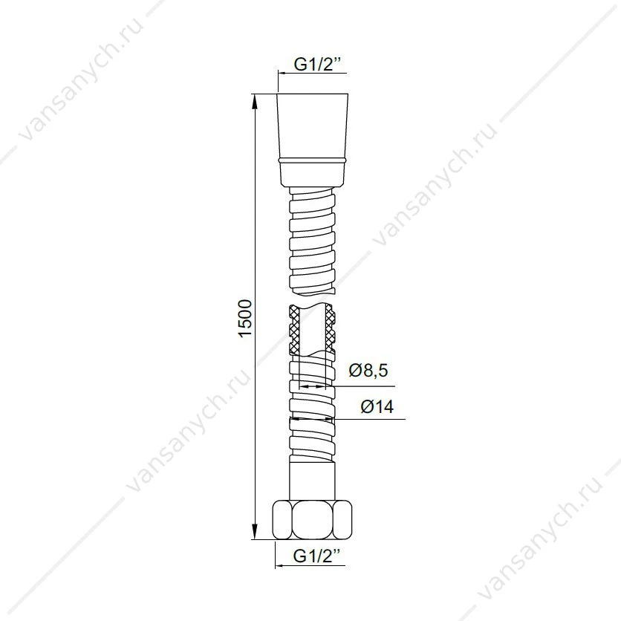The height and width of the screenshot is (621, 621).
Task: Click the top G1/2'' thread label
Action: click(318, 65)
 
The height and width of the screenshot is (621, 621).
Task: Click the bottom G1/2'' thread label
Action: click(317, 556)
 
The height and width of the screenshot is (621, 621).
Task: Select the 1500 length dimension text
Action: click(245, 319)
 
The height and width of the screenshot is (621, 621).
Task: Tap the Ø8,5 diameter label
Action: click(368, 371)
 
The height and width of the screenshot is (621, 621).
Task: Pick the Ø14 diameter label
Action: click(377, 406)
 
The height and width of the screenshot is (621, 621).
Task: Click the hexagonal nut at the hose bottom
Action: click(313, 520)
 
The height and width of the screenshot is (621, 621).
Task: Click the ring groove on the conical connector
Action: click(313, 160)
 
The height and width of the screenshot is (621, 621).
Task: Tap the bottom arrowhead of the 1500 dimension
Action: click(255, 532)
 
